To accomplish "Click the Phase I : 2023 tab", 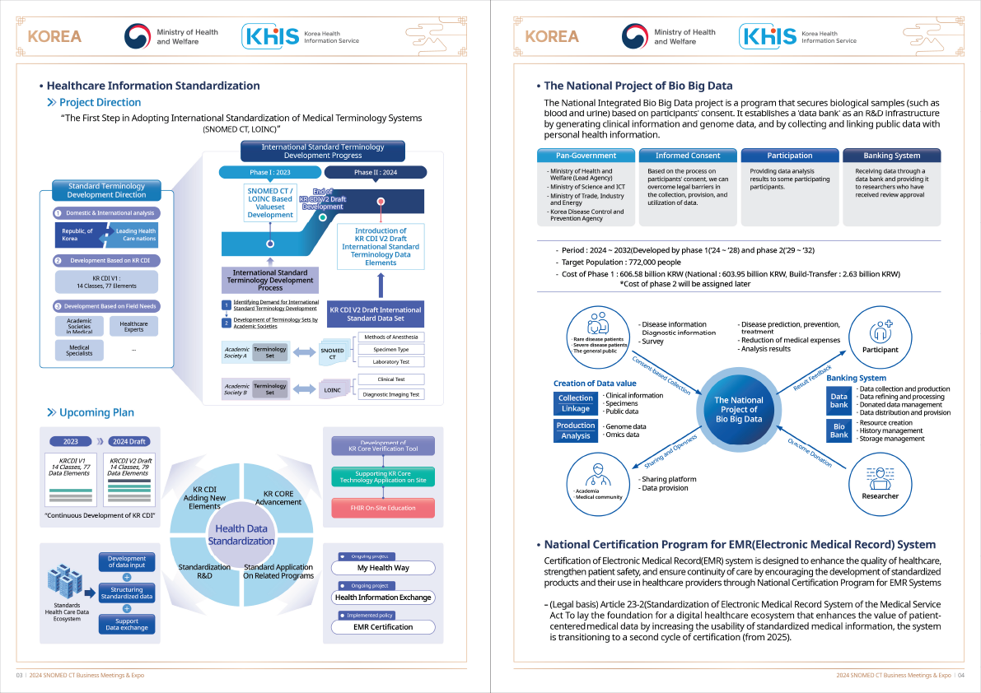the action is [x=269, y=173].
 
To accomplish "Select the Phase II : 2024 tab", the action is [x=376, y=173].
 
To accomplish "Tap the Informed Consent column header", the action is [x=688, y=156].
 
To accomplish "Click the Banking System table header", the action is [x=891, y=156].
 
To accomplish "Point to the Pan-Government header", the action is [x=586, y=156].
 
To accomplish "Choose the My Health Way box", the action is [x=383, y=568].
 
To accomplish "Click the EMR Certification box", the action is [x=383, y=627].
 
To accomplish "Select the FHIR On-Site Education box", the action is [x=383, y=508].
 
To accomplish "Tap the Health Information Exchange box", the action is [x=383, y=598].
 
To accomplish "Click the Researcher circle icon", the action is [x=880, y=484].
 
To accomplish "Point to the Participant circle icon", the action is [x=880, y=337].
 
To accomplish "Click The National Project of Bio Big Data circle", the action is [x=739, y=409].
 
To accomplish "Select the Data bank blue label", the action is [x=839, y=401].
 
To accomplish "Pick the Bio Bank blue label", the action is [x=839, y=430].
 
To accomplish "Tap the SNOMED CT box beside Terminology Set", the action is [x=332, y=354].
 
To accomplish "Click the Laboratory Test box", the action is [x=391, y=362].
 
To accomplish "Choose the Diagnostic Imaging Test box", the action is [x=391, y=394].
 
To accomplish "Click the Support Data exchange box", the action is [x=126, y=624].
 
